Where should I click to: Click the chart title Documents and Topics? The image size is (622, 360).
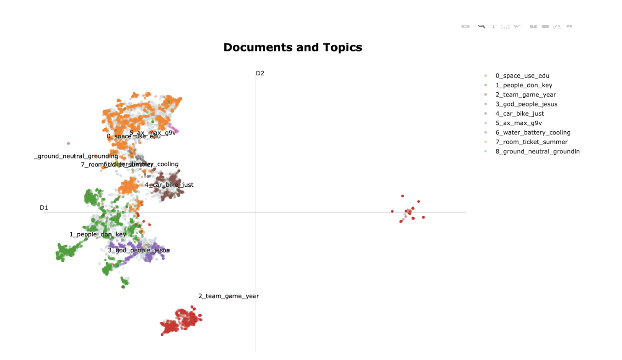(x=293, y=47)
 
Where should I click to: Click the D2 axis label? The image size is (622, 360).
(x=260, y=73)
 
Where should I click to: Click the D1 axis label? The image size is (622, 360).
(x=44, y=208)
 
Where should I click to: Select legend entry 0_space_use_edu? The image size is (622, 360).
(x=522, y=76)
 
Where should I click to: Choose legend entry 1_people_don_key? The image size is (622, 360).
(x=524, y=85)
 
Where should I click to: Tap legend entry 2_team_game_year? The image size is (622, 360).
(x=526, y=95)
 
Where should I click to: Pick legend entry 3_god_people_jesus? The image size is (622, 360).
(x=526, y=104)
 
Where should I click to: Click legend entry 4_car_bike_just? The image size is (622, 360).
(x=520, y=113)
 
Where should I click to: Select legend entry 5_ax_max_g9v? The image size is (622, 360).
(x=519, y=123)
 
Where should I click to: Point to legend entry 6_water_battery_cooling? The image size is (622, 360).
(x=533, y=132)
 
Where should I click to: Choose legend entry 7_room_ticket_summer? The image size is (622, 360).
(x=532, y=142)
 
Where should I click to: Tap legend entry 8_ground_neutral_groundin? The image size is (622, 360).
(x=537, y=152)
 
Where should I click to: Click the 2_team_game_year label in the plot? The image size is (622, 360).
(x=229, y=296)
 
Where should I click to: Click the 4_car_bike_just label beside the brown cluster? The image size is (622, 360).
(x=169, y=185)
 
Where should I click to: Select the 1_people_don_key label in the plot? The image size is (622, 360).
(x=97, y=234)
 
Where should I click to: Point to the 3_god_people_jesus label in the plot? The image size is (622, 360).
(x=139, y=250)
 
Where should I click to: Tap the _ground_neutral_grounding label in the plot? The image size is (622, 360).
(x=76, y=156)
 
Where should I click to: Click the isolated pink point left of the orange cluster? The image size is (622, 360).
(x=68, y=143)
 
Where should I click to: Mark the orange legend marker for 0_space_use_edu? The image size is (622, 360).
(x=486, y=76)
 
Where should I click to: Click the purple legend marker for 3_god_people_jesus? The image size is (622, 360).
(x=486, y=104)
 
